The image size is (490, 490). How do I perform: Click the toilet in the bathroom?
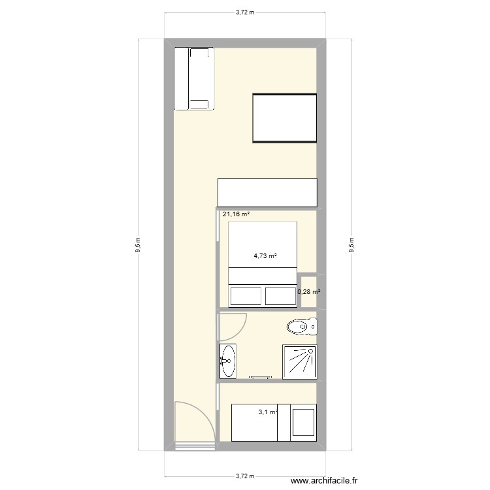pos(301,325)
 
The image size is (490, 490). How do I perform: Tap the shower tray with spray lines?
pos(299,361)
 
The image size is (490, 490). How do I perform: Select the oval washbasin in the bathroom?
pos(228,360)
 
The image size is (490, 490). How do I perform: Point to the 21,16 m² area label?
pos(236,214)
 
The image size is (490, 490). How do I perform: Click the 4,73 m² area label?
pos(265,256)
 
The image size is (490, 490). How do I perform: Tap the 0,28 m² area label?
pos(309,292)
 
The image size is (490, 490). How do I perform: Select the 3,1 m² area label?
pos(268,412)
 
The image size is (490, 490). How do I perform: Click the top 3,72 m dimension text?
pos(245,12)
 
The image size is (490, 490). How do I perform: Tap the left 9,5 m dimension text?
pos(138,245)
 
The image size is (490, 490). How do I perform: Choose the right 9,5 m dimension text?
pos(352,245)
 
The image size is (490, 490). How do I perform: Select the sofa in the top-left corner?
pos(193,78)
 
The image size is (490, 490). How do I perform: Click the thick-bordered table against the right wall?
pos(284,118)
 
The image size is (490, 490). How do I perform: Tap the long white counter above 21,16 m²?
pos(267,193)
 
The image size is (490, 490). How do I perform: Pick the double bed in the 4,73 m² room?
pos(262,263)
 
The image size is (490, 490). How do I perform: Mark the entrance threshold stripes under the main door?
pos(194,448)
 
